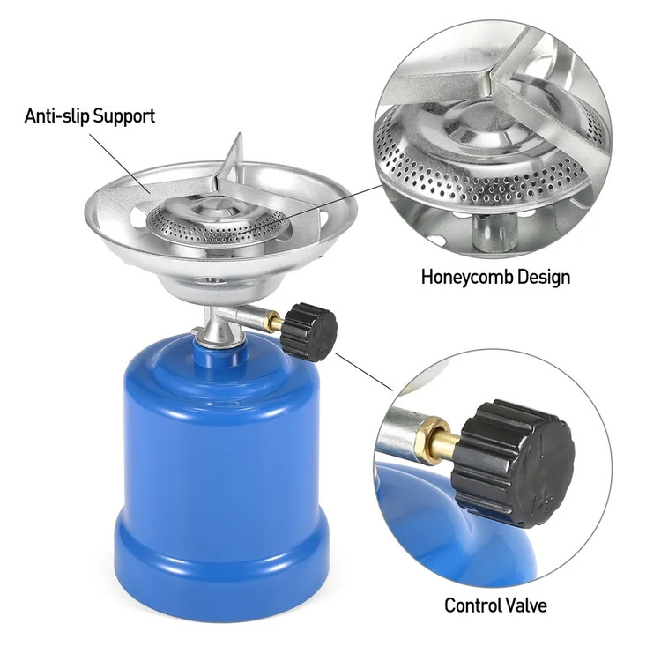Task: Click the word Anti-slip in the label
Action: tap(57, 115)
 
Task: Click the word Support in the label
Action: tap(124, 116)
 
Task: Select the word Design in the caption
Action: tap(544, 277)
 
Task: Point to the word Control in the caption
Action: tap(472, 605)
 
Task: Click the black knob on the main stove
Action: tap(309, 331)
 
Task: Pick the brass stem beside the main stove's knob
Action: tap(273, 323)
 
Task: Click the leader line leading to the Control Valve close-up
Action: tap(364, 372)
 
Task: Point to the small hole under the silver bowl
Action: tap(206, 280)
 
